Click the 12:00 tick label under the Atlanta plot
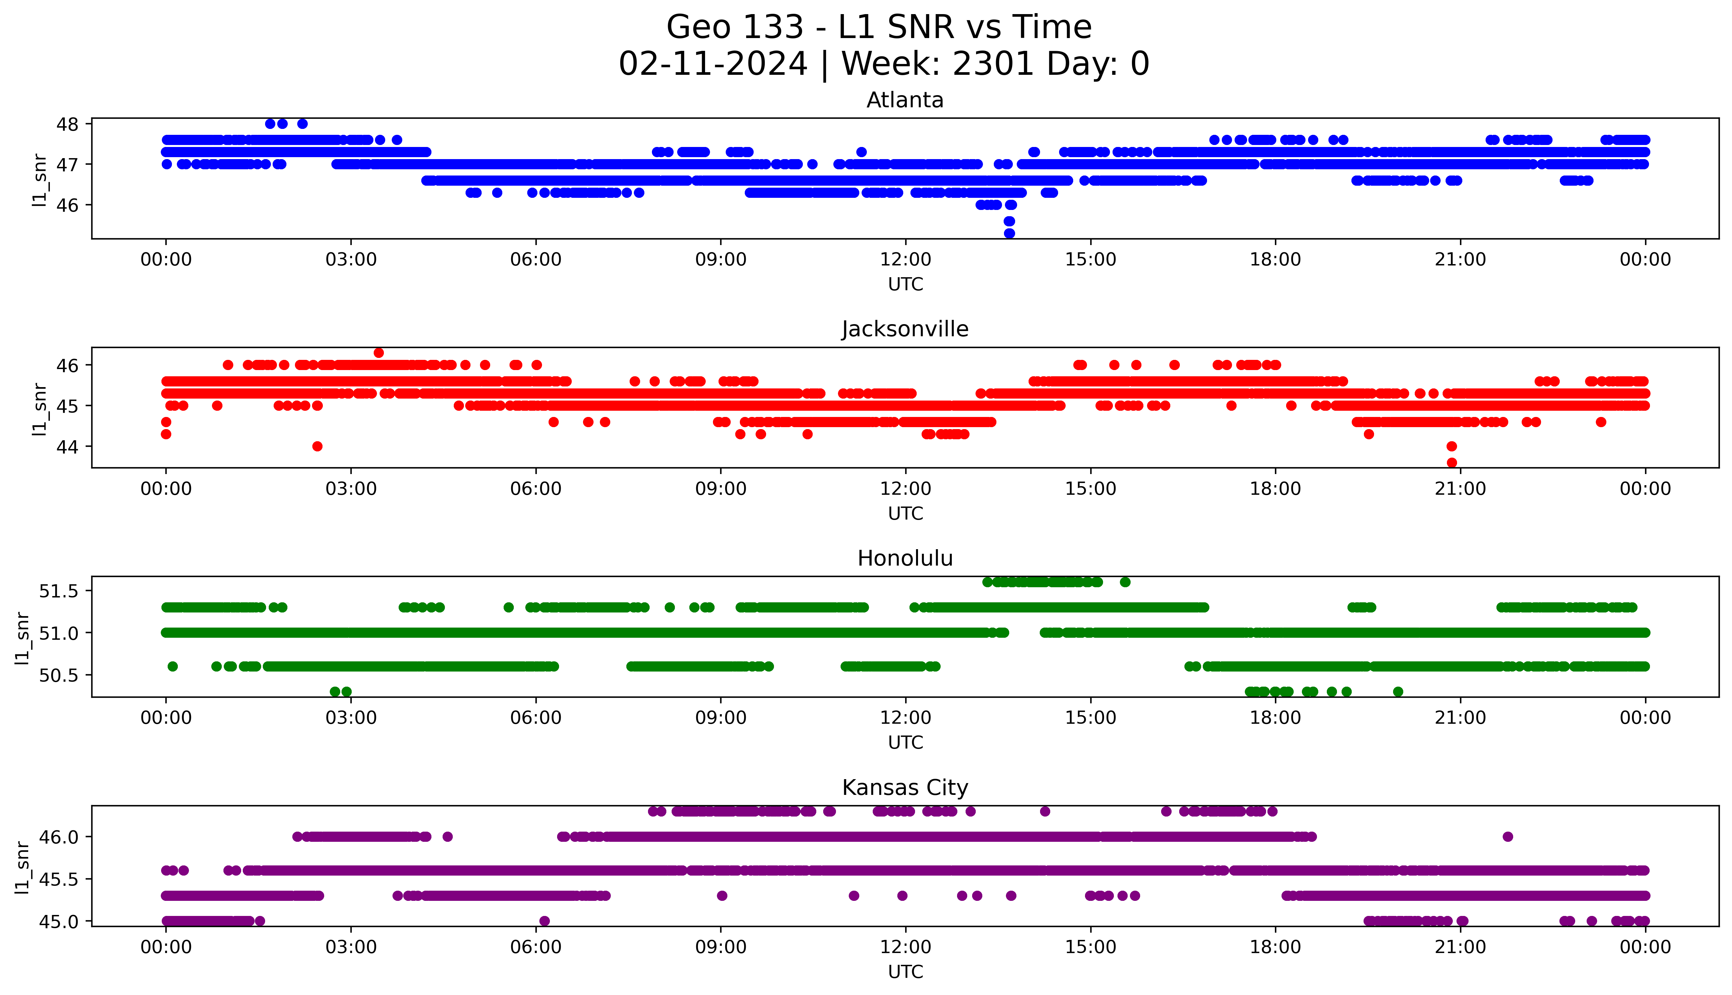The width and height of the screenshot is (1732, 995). tap(905, 260)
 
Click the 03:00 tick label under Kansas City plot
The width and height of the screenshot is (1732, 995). tap(350, 947)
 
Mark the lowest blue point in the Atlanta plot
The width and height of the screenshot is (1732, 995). tap(1009, 234)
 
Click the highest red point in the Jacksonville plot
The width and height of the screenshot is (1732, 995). tap(379, 353)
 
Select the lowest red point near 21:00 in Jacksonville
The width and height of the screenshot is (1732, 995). tap(1452, 463)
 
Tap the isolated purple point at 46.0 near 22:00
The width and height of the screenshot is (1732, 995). tap(1508, 837)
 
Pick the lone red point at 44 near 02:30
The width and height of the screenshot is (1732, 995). tap(317, 446)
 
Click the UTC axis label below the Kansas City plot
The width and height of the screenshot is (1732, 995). tap(905, 972)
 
